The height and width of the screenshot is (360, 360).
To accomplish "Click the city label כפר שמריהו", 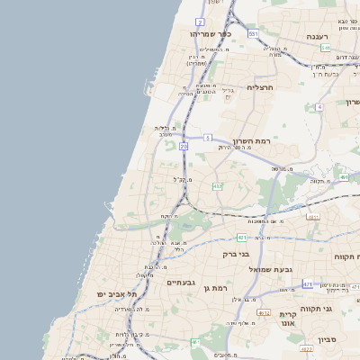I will point(211,33).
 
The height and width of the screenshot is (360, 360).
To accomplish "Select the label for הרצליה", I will point(259,87).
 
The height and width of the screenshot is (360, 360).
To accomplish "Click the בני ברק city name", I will point(237,255).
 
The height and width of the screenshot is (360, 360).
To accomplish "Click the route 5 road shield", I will point(207,138).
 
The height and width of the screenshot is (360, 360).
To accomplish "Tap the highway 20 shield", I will point(184,145).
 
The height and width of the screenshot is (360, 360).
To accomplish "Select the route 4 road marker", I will point(319,107).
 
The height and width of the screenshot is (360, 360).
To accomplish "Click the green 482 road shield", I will point(217,186).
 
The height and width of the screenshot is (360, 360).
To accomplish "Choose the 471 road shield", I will point(308,284).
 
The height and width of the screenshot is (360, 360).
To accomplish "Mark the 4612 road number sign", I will point(264,312).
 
